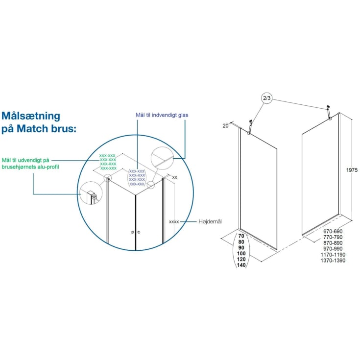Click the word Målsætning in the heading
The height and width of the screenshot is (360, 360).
31,116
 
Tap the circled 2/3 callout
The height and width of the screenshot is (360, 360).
267,98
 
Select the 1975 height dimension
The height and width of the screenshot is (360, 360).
352,170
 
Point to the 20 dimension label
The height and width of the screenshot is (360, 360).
225,125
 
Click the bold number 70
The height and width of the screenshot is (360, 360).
241,236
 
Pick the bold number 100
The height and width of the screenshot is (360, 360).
241,254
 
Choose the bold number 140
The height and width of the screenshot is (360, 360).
241,265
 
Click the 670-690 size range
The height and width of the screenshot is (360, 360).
333,231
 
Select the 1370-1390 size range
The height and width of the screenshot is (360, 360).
333,261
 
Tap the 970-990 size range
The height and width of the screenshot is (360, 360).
333,249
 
